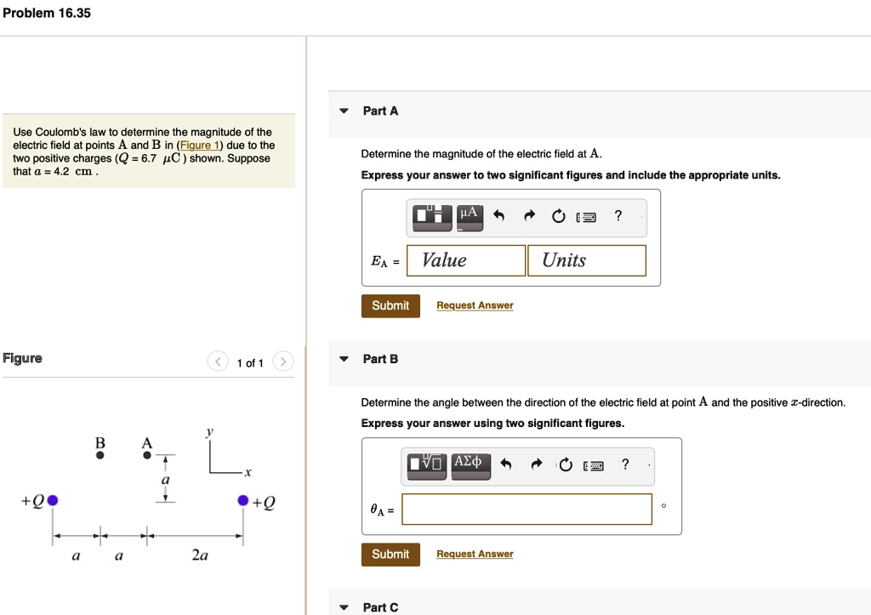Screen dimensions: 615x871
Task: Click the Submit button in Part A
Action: coord(390,305)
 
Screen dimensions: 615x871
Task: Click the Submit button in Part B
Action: coord(390,555)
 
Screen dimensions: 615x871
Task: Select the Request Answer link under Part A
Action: coord(475,305)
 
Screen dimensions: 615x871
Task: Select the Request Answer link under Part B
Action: coord(475,555)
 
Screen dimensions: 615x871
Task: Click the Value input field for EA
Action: coord(466,260)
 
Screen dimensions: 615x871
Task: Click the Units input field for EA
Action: coord(586,260)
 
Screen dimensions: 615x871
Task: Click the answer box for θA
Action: coord(527,510)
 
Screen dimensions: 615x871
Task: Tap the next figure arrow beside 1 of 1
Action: coord(284,362)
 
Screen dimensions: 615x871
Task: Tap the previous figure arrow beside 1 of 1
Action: coord(218,362)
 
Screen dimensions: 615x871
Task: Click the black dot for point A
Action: coord(147,455)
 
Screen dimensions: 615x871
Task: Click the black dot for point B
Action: coord(100,455)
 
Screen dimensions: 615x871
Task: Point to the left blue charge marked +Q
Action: coord(53,500)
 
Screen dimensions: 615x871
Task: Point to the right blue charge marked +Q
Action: coord(243,500)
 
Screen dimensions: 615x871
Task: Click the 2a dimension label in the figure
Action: coord(200,555)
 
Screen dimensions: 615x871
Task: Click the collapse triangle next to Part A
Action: coord(344,111)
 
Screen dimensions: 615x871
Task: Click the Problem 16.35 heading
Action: coord(47,14)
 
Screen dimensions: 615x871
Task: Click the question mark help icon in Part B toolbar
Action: coord(625,464)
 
